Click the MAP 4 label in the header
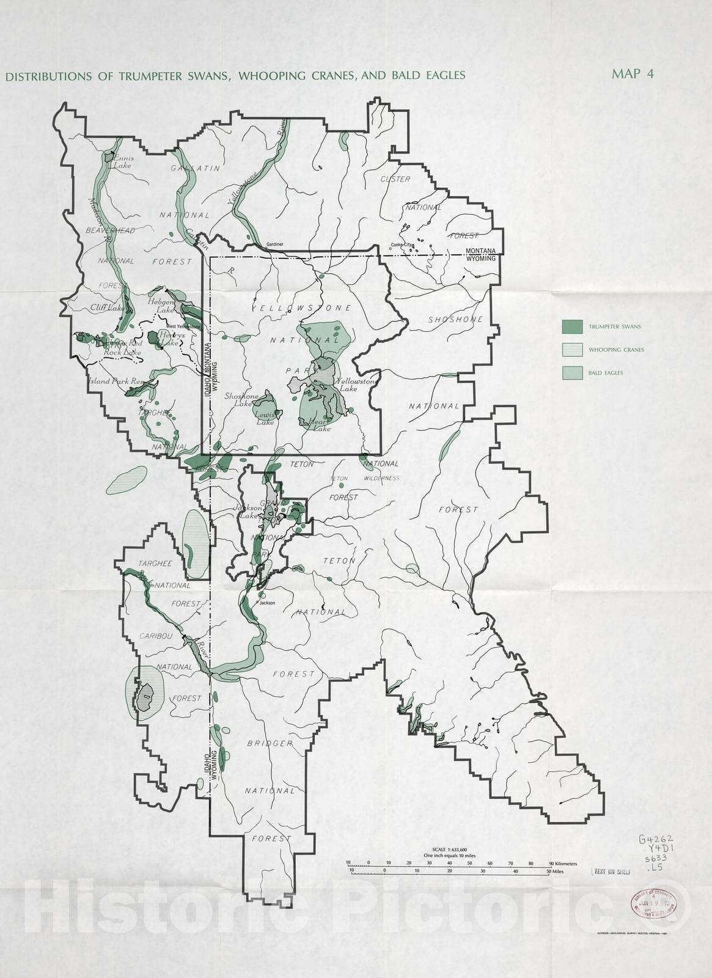633,74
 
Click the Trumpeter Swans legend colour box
572,327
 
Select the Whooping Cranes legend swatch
572,350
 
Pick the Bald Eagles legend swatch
572,373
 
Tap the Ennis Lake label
122,161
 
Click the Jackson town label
268,603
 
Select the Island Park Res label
115,381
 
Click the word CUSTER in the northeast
395,179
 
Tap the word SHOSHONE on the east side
455,320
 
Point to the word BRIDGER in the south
270,743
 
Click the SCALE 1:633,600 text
449,850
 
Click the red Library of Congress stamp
648,901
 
